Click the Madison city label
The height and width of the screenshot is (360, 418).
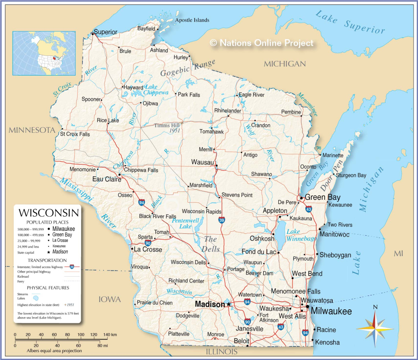pos(209,304)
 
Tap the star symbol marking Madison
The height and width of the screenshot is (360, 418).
pos(229,304)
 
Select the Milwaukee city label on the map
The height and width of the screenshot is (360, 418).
pos(331,311)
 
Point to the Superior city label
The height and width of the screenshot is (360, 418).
pos(105,32)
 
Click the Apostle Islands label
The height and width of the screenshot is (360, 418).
pos(192,20)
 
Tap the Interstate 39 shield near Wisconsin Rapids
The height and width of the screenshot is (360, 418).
pos(221,221)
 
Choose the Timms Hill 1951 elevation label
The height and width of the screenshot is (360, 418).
pos(167,128)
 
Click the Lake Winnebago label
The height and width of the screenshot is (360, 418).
pos(301,235)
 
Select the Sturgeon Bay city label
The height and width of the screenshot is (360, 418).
pos(351,175)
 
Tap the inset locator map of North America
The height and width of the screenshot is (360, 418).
pos(44,53)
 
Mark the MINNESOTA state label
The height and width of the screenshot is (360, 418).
pos(32,130)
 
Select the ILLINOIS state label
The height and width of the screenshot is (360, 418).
pos(222,351)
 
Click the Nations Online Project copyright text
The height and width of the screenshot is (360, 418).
pos(262,43)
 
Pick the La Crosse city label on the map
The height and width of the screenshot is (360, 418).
pos(148,249)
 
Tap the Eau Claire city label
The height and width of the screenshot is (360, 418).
pos(107,179)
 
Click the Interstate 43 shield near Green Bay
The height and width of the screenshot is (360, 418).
pos(309,209)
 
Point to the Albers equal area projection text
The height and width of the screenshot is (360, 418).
pos(54,351)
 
